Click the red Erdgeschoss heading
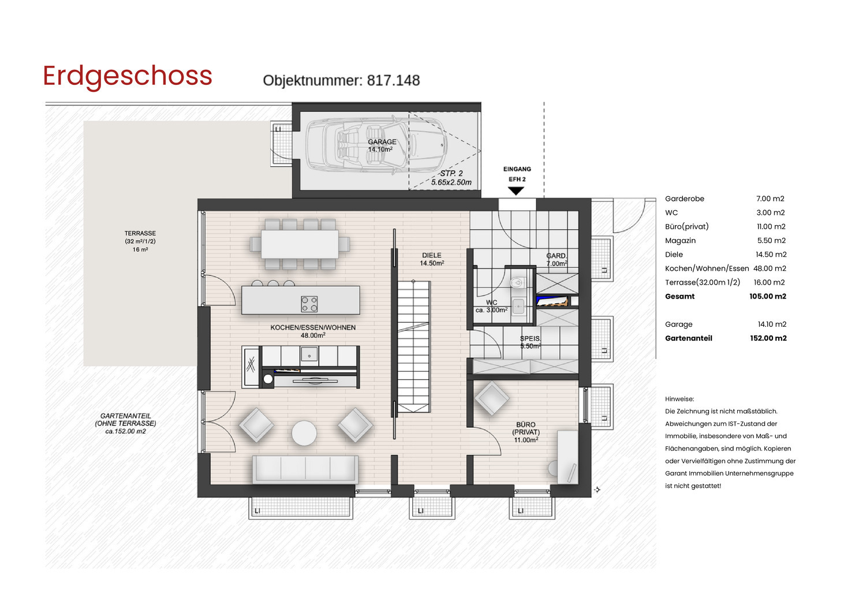[128, 76]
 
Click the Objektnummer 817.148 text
[341, 81]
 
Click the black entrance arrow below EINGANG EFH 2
[516, 191]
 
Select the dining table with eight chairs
[300, 244]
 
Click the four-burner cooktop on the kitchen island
[309, 304]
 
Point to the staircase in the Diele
[414, 346]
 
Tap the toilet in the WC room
[517, 283]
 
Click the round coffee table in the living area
[304, 432]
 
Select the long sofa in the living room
[305, 469]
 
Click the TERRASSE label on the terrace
[140, 234]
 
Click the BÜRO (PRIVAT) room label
[526, 432]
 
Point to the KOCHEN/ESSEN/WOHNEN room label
[313, 328]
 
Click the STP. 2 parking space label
[451, 174]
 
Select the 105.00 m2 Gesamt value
[767, 297]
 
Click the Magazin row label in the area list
[680, 241]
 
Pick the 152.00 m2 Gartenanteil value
[768, 338]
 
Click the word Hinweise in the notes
[679, 399]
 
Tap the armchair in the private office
[492, 398]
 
